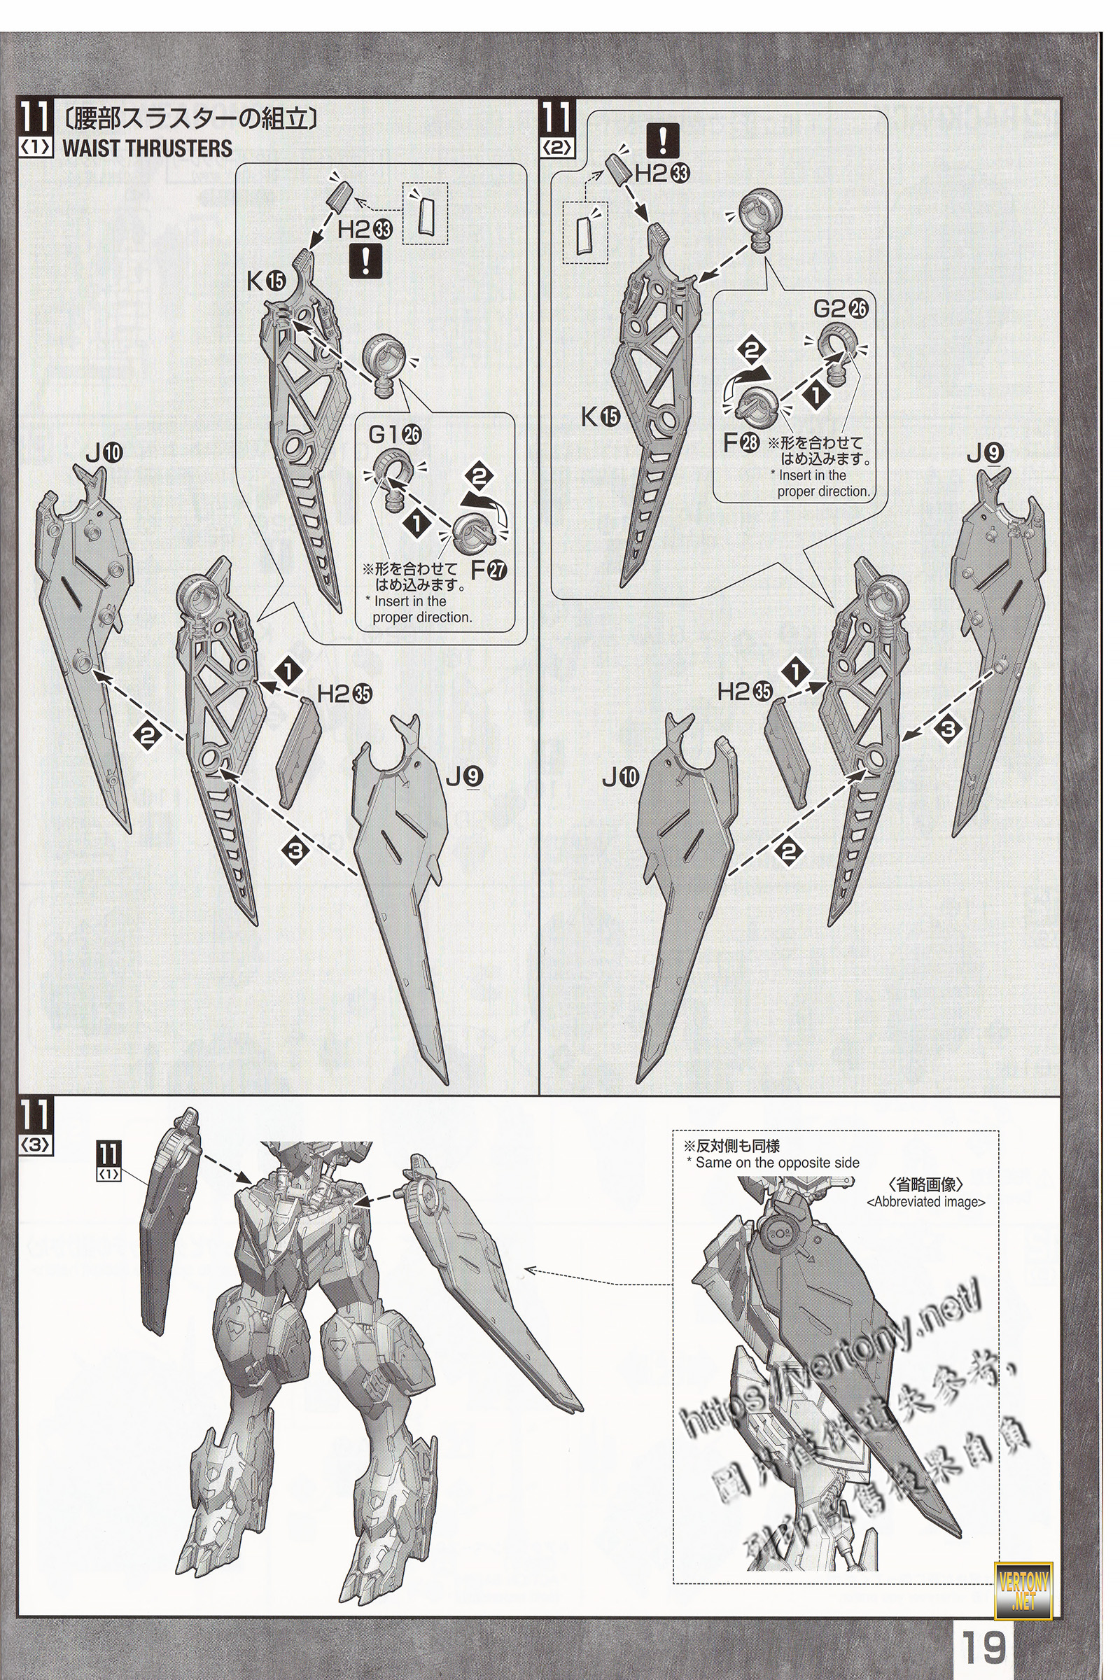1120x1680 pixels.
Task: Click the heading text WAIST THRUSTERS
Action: (x=147, y=148)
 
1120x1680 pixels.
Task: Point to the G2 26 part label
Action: (x=841, y=309)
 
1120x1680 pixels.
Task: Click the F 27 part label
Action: (x=489, y=570)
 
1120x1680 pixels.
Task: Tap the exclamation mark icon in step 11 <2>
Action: (x=662, y=140)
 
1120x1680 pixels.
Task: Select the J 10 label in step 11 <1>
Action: (x=104, y=453)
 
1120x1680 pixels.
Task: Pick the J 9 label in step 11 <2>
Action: (x=986, y=453)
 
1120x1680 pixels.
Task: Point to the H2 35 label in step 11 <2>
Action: (x=745, y=691)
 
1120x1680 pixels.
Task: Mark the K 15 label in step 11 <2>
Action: (x=600, y=416)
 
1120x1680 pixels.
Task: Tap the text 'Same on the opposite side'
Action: (x=777, y=1163)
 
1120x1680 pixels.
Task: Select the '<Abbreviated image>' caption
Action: (x=925, y=1202)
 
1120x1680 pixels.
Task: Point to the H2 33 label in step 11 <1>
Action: (x=365, y=230)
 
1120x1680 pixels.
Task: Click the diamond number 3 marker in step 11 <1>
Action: (x=295, y=849)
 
